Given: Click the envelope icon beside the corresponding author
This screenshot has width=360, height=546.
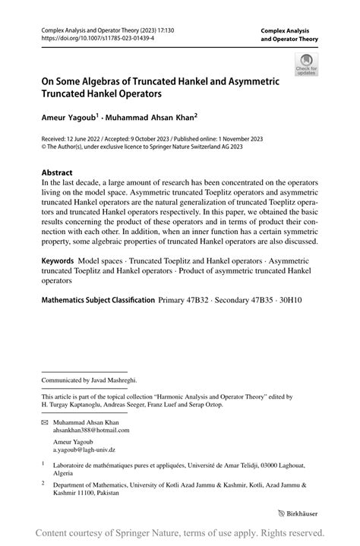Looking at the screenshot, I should coord(45,421).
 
